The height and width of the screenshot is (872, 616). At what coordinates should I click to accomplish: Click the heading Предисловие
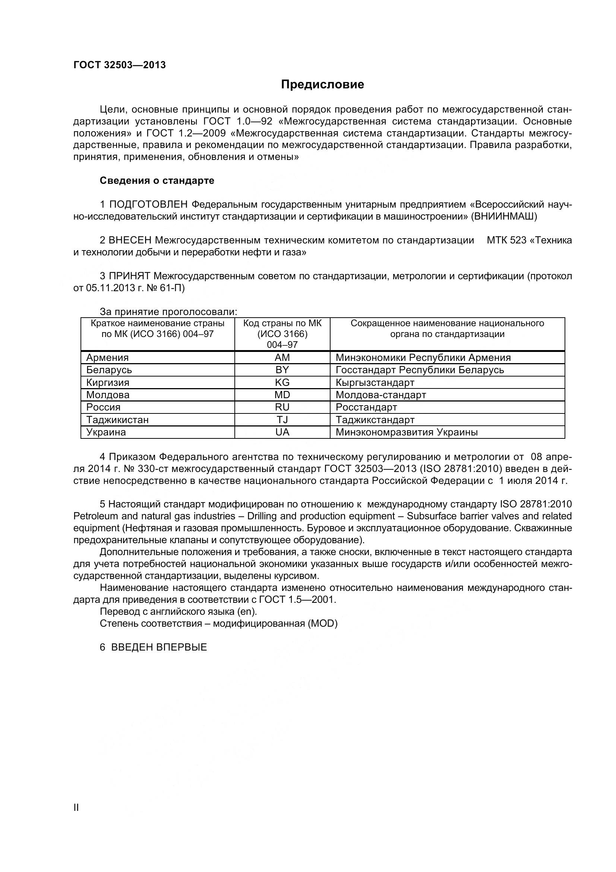pyautogui.click(x=322, y=84)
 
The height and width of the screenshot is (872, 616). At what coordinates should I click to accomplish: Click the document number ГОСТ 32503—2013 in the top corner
pyautogui.click(x=120, y=65)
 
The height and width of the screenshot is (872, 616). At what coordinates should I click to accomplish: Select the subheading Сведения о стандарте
pyautogui.click(x=157, y=180)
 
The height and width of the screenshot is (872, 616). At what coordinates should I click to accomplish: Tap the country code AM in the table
pyautogui.click(x=282, y=358)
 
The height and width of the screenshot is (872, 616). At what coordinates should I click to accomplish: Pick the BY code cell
pyautogui.click(x=282, y=369)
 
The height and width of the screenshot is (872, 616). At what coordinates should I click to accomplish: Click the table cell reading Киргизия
pyautogui.click(x=108, y=383)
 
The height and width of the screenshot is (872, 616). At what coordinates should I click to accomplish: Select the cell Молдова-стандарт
pyautogui.click(x=381, y=395)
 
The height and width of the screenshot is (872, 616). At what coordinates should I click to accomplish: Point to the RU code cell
pyautogui.click(x=282, y=407)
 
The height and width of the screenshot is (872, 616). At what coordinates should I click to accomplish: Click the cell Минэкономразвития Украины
pyautogui.click(x=407, y=432)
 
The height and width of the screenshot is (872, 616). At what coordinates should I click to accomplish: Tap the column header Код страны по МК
pyautogui.click(x=282, y=323)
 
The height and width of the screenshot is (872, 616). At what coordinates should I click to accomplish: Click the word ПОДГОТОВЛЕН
pyautogui.click(x=148, y=205)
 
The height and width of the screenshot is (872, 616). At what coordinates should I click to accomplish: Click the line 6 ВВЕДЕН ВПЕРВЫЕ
pyautogui.click(x=153, y=648)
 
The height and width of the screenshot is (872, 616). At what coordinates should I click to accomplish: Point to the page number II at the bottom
pyautogui.click(x=76, y=818)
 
